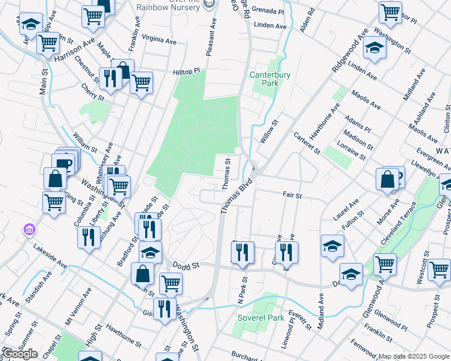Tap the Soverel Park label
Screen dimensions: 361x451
[260, 317]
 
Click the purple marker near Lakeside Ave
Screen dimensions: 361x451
[28, 229]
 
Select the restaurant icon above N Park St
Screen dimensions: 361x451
[242, 252]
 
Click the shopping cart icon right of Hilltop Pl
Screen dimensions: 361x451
[142, 82]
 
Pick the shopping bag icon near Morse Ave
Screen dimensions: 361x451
[386, 179]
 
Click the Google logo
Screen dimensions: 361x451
[20, 354]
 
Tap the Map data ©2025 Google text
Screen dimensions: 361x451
[414, 356]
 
